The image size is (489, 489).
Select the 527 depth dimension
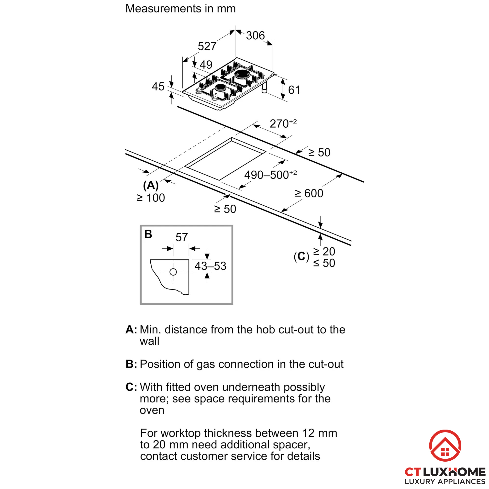(x=207, y=46)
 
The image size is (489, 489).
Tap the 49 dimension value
(x=206, y=65)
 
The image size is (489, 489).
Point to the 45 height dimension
(x=158, y=87)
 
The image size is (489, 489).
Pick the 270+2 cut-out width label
(x=283, y=123)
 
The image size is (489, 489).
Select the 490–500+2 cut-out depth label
(x=270, y=175)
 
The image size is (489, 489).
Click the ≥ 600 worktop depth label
(x=309, y=193)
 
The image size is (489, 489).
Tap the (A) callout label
(x=151, y=185)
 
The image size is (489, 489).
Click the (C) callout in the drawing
(x=301, y=256)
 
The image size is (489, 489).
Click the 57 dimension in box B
(x=181, y=237)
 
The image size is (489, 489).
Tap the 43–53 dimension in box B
(x=210, y=266)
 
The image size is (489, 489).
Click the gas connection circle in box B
(x=173, y=272)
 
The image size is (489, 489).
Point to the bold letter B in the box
(x=148, y=234)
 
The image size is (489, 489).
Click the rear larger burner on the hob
(x=242, y=75)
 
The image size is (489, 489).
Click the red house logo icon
(x=445, y=445)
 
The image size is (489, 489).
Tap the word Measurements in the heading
(x=163, y=9)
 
